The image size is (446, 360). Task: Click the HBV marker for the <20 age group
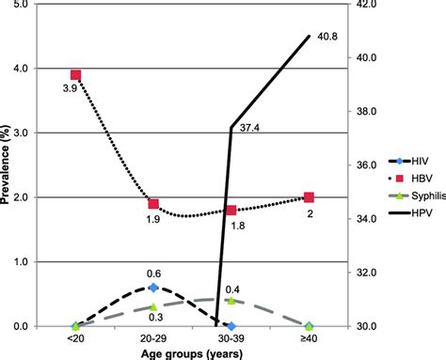point(76,75)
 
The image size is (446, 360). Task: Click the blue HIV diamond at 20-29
point(153,288)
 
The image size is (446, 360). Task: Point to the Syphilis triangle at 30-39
point(231,301)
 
